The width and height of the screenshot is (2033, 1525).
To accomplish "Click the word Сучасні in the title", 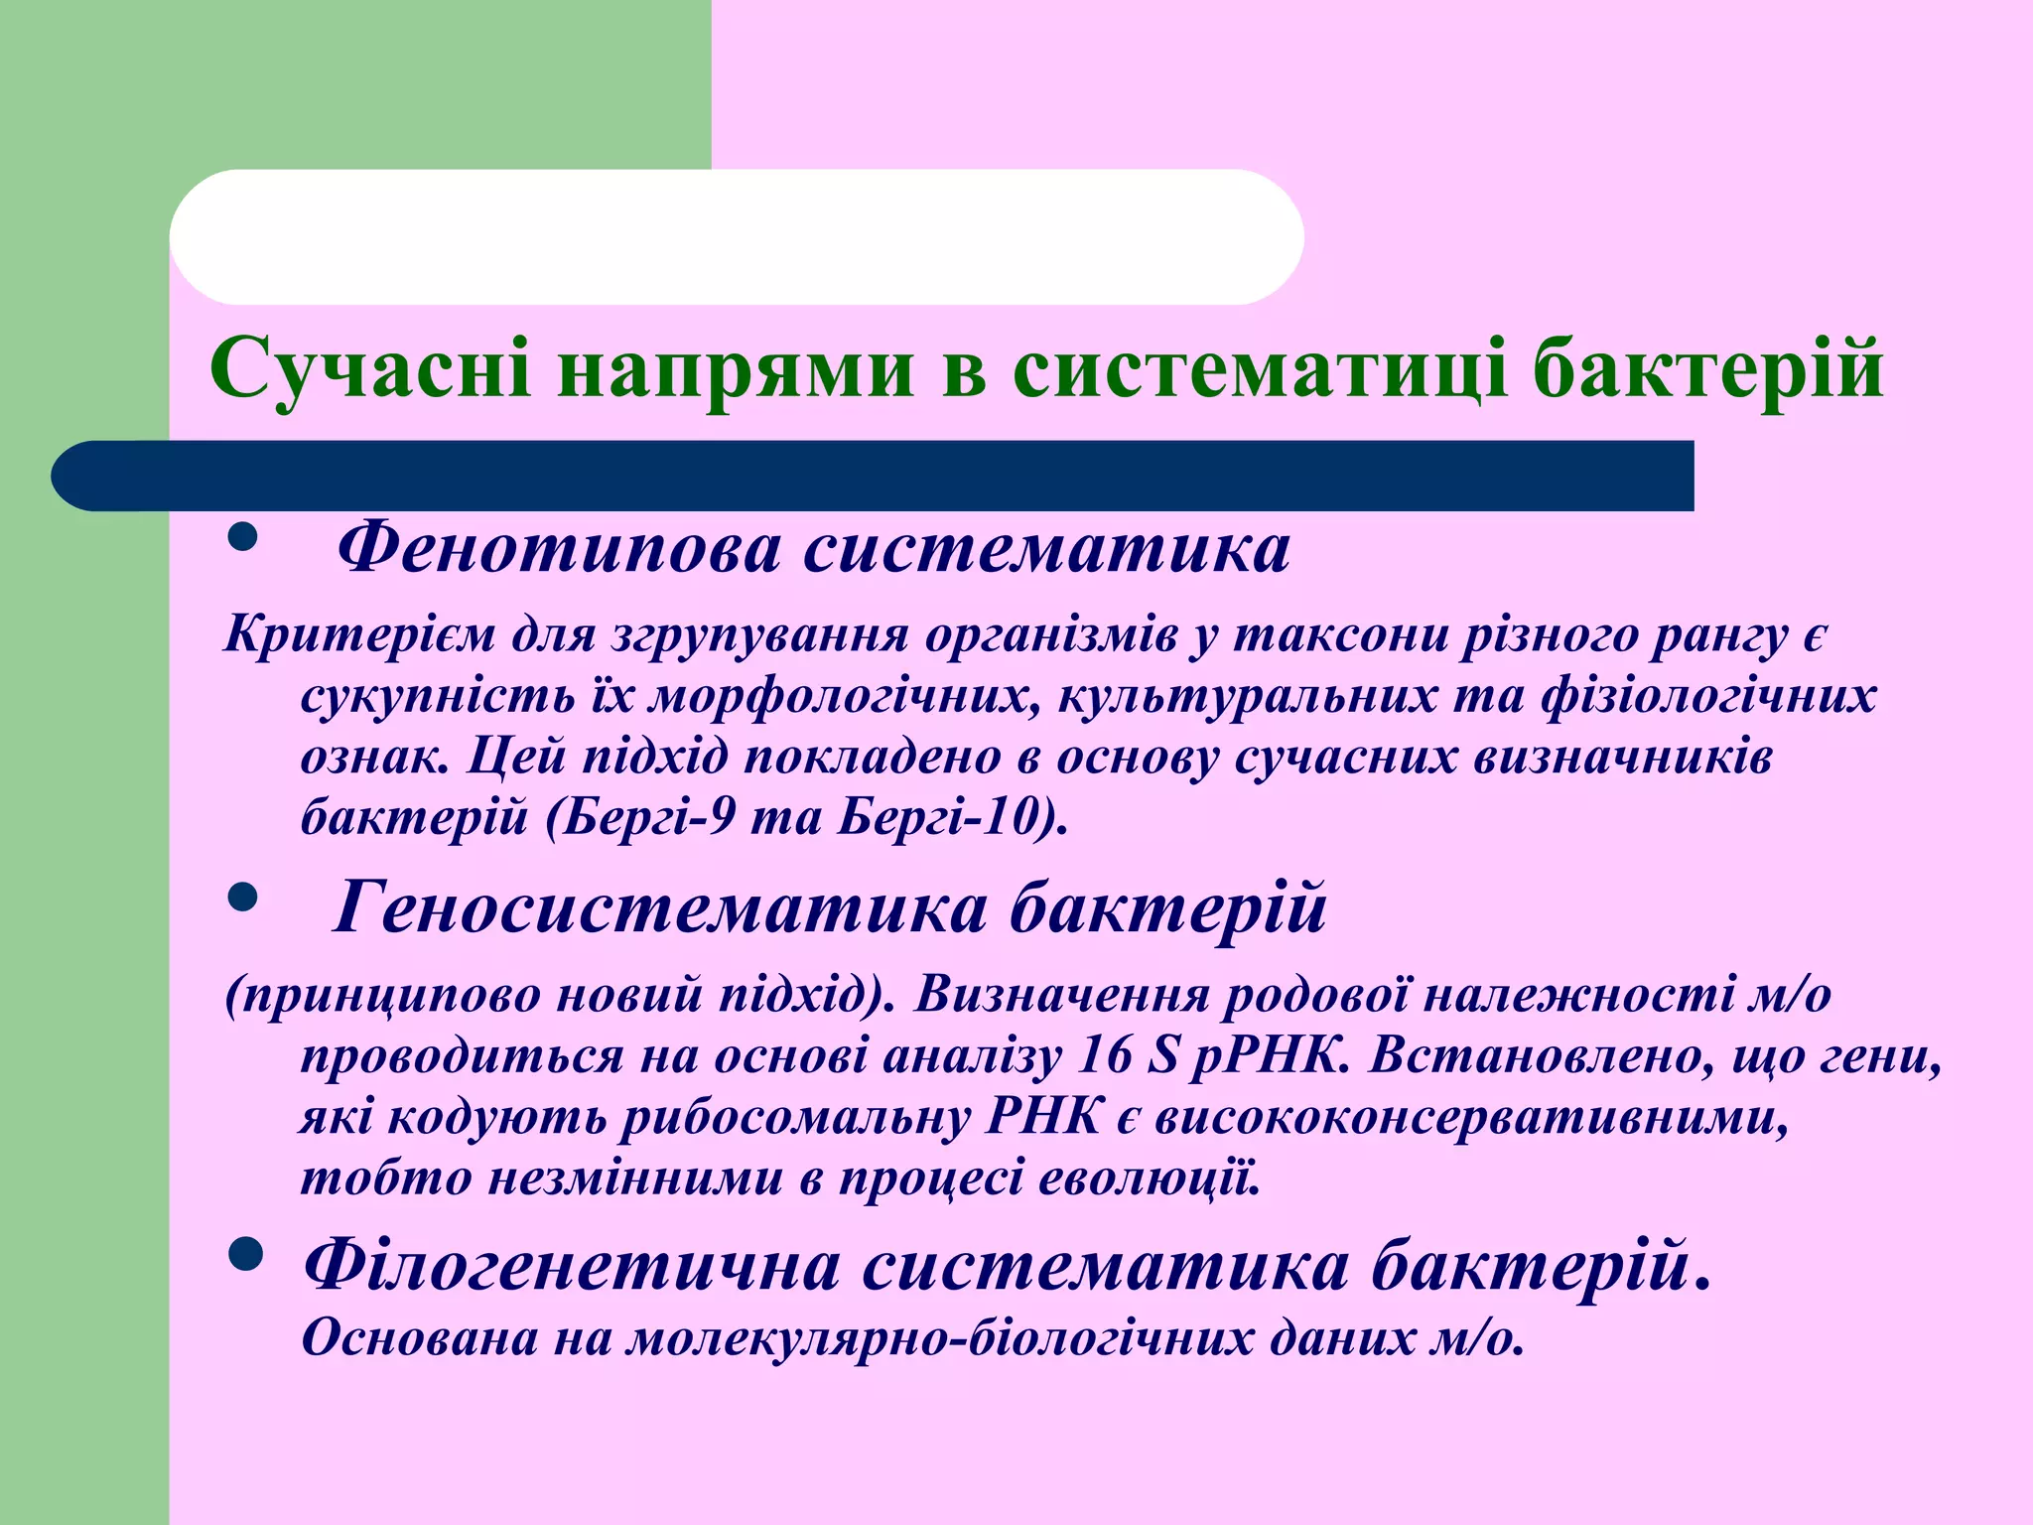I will click(x=370, y=369).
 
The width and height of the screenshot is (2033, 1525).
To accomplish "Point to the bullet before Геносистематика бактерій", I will click(x=242, y=900).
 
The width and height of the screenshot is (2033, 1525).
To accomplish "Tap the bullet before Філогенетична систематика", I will click(x=244, y=1256).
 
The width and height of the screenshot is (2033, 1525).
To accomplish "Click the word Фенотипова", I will click(x=558, y=548).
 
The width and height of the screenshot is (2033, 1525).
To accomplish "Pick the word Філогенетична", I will click(x=572, y=1267).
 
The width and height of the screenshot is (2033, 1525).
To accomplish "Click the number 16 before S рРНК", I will click(x=1103, y=1056).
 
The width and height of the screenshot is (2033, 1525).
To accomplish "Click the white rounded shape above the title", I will click(x=736, y=237).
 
